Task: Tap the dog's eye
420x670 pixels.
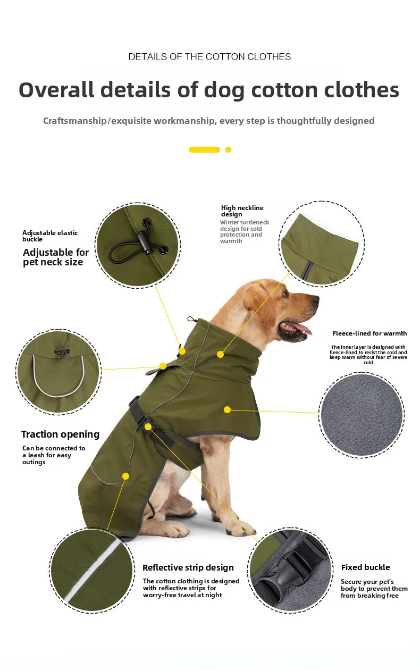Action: coord(285,295)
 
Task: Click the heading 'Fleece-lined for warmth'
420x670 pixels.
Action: coord(369,333)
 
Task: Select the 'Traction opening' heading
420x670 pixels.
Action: coord(60,434)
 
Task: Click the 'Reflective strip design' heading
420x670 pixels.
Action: coord(188,567)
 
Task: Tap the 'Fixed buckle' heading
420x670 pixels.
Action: coord(366,567)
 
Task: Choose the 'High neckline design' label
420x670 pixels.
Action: coord(242,211)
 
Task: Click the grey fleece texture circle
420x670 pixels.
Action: coord(362,415)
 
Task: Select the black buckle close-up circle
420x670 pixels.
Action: coord(290,571)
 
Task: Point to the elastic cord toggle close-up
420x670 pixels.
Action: coord(138,245)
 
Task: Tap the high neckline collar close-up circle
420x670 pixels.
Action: coord(322,244)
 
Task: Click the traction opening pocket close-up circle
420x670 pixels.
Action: coord(58,372)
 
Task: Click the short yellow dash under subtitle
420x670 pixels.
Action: coord(204,149)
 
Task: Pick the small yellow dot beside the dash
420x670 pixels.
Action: coord(228,149)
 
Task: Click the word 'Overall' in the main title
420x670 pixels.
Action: coord(56,90)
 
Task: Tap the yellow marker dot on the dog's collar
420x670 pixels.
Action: coord(221,355)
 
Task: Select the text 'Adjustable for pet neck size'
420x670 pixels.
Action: coord(56,257)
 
